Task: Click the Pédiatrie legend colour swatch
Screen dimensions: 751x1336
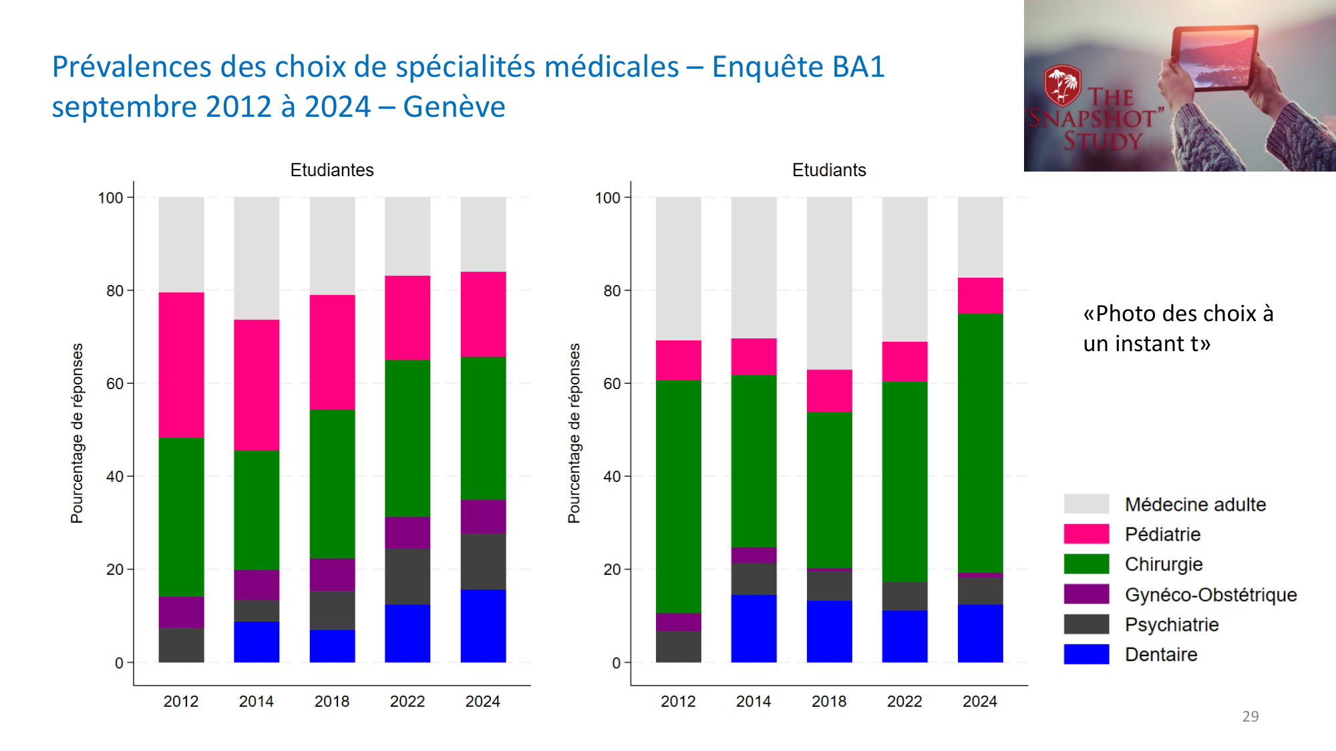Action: [1086, 534]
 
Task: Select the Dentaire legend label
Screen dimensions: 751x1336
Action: [1160, 654]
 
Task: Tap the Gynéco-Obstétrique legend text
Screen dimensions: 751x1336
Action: [1210, 594]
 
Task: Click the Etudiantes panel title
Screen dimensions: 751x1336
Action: [331, 170]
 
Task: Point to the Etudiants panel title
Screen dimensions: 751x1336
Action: [828, 170]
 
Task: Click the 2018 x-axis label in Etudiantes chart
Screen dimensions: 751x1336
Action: [331, 702]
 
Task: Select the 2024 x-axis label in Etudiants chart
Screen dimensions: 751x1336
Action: [979, 702]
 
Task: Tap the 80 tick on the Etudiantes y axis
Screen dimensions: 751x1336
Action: [115, 291]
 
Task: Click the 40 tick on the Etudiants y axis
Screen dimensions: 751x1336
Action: [612, 477]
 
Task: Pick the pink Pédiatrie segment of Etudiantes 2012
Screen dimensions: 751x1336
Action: [181, 365]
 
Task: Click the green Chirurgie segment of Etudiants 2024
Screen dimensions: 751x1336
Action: [980, 443]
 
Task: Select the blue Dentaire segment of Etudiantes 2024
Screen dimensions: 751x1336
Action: [483, 625]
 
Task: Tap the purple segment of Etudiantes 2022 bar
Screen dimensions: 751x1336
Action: [407, 532]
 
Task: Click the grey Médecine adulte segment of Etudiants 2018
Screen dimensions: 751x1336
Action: [829, 283]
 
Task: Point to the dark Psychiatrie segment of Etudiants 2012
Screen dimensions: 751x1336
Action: [678, 646]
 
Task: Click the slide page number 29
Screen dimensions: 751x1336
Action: [1250, 716]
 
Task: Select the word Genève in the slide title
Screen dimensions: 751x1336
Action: [454, 107]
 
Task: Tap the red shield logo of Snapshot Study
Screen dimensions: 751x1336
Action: [1062, 85]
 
